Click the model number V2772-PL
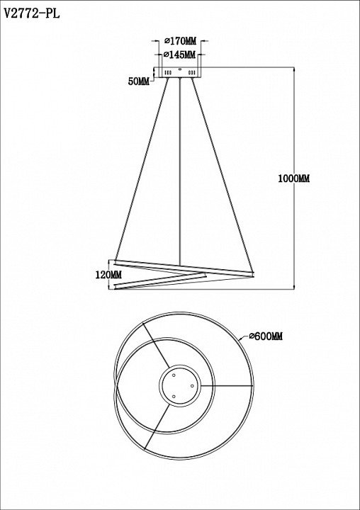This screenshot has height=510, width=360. click(32, 13)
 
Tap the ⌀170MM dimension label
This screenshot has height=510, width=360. click(180, 41)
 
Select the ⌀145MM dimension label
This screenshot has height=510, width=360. click(179, 55)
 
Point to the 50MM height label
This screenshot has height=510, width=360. click(139, 81)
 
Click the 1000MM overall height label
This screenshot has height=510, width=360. click(294, 178)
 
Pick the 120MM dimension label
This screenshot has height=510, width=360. click(108, 275)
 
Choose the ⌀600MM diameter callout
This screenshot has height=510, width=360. click(266, 336)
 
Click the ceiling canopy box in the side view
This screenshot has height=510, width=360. click(179, 72)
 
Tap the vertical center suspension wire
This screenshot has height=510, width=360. click(180, 171)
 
